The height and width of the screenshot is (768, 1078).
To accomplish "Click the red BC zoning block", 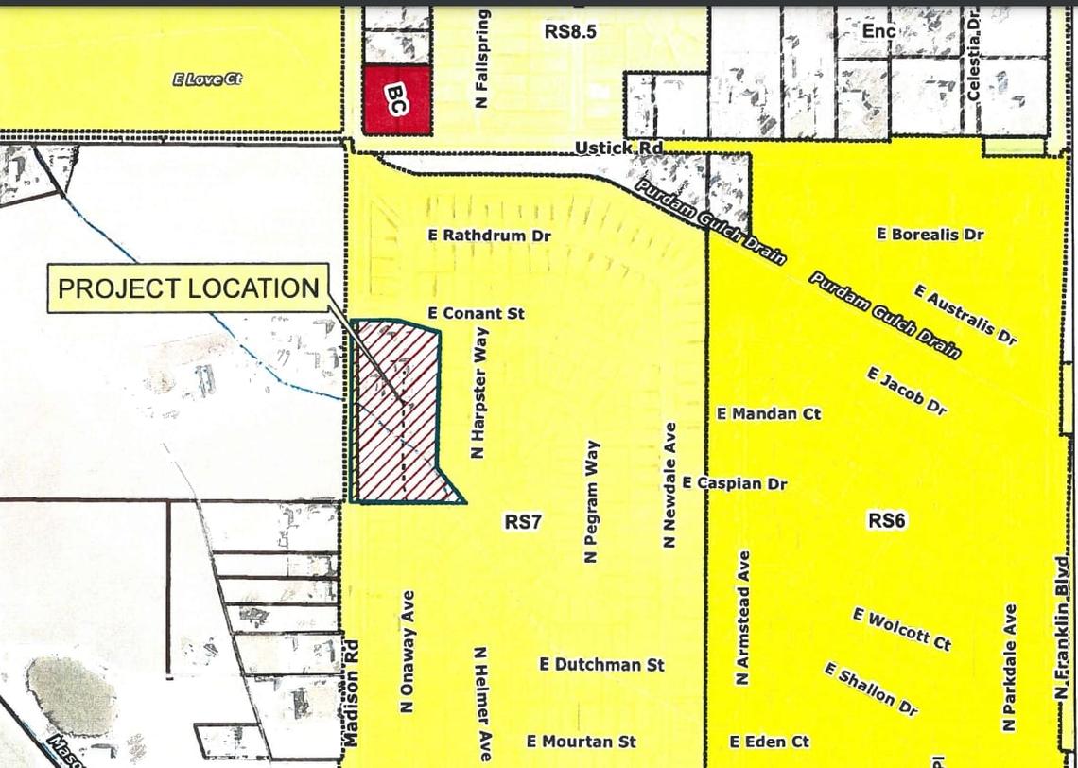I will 397,100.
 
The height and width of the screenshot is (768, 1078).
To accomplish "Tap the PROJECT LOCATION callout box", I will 188,288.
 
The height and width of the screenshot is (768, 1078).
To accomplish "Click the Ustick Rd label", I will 618,148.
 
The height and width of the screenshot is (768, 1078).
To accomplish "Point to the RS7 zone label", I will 523,521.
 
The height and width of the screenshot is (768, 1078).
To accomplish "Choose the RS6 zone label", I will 887,520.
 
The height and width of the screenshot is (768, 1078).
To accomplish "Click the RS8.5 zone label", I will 570,31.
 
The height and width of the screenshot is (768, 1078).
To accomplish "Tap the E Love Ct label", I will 207,79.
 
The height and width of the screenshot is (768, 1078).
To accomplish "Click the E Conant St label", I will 476,313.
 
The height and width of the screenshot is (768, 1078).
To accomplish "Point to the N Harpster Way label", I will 478,402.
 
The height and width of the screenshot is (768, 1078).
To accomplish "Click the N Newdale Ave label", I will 670,484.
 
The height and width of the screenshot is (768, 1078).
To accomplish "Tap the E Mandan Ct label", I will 769,413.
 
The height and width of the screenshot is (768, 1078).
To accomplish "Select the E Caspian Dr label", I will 735,483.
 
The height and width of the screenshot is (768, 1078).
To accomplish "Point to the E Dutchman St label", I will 601,665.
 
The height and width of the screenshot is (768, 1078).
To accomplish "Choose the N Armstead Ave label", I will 742,618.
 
